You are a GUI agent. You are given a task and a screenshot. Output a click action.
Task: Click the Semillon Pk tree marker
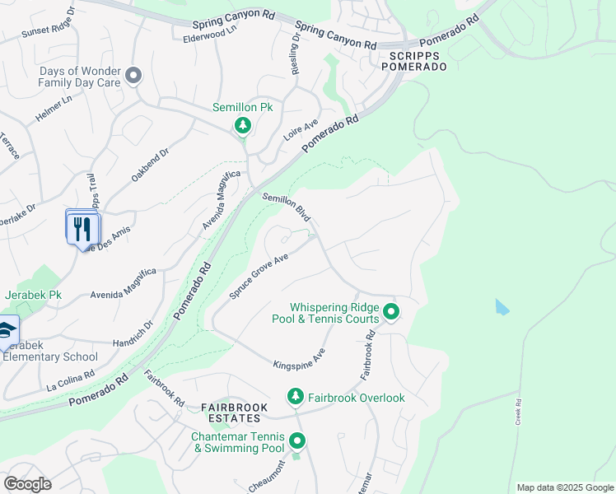242,125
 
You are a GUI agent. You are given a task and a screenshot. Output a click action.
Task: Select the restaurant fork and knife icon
82,227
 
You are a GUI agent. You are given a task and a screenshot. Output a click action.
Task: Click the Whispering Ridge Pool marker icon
391,312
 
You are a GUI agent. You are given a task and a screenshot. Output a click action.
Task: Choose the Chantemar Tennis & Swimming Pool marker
297,441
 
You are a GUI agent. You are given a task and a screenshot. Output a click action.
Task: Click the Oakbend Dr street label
151,165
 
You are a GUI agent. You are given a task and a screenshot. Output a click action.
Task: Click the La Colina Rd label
71,379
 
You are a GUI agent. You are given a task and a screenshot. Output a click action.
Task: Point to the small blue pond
502,308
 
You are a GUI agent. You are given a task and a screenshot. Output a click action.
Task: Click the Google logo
27,484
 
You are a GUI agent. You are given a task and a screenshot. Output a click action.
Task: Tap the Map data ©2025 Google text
564,487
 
